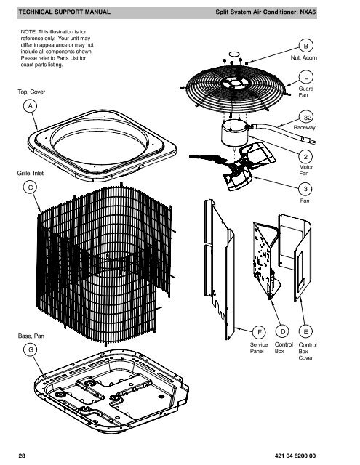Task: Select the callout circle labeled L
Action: coord(308,76)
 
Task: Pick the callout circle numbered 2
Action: coord(308,155)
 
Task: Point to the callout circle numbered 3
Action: coord(308,187)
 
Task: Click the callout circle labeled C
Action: coord(31,187)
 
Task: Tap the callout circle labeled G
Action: coord(31,349)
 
